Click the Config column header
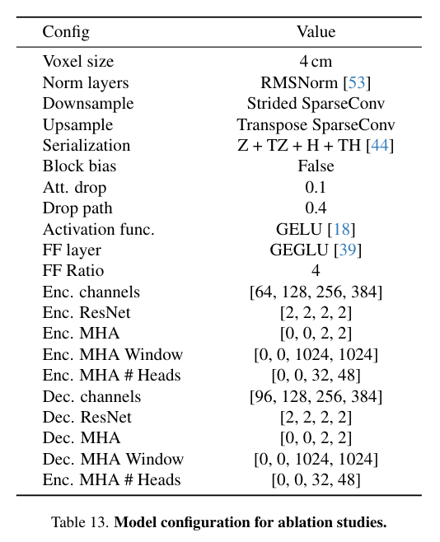point(66,32)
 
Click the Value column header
point(316,32)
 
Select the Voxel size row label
point(78,62)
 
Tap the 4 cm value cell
point(316,62)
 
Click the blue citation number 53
point(357,82)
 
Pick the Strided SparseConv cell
point(316,104)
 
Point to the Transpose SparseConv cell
point(316,124)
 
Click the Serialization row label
point(87,146)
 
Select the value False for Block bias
point(316,166)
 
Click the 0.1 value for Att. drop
point(316,187)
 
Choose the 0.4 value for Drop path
point(316,208)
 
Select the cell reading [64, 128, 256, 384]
point(316,292)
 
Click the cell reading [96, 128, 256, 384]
point(316,396)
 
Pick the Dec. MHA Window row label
point(113,459)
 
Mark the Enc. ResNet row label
point(87,313)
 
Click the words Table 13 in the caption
point(80,522)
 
